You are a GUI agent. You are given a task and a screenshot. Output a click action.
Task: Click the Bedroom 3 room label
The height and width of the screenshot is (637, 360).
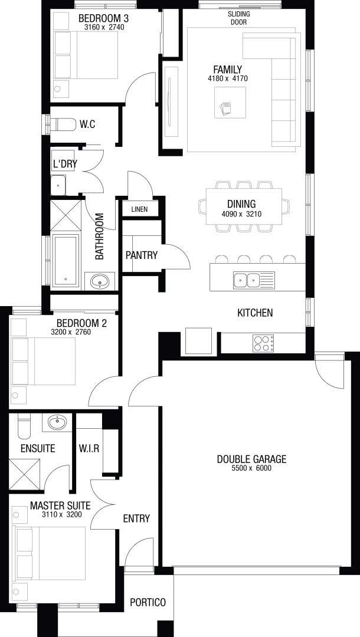click(x=101, y=18)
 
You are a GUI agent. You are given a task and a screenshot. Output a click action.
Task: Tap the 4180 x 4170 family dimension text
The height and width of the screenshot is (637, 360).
click(x=227, y=78)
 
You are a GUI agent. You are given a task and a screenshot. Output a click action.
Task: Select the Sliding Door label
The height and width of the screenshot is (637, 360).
click(x=238, y=18)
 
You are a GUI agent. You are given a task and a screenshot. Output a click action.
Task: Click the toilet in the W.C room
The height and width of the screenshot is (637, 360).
click(x=62, y=124)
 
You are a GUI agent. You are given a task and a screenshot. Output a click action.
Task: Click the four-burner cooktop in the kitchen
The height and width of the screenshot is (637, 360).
click(x=263, y=343)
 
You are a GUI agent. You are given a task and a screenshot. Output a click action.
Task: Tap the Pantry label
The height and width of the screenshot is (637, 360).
click(x=142, y=255)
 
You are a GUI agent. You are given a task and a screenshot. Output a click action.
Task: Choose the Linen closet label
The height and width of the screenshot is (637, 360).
click(x=139, y=209)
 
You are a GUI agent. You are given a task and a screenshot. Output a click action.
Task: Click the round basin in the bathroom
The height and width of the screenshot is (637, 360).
click(x=99, y=281)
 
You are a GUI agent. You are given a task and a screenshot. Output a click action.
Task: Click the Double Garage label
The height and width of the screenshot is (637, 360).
click(x=251, y=459)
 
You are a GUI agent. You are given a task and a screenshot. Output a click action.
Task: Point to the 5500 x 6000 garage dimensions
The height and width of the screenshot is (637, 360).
click(x=251, y=468)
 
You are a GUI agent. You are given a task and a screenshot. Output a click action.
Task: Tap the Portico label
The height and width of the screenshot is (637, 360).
click(x=148, y=602)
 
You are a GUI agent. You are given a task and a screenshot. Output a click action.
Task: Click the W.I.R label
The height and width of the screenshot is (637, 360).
click(x=89, y=449)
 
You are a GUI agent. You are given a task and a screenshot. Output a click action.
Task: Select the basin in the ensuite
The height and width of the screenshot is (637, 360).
click(x=57, y=422)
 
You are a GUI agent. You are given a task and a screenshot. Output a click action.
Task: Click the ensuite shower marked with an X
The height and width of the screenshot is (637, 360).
click(x=25, y=474)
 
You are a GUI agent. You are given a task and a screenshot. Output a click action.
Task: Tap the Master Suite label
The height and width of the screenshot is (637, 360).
click(x=60, y=506)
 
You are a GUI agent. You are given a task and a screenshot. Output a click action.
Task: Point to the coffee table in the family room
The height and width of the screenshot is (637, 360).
click(x=230, y=103)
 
